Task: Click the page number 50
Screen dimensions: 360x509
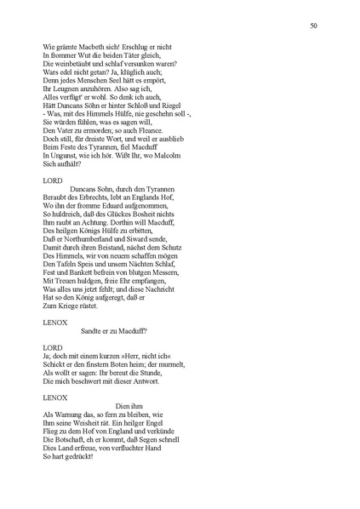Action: click(x=314, y=27)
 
